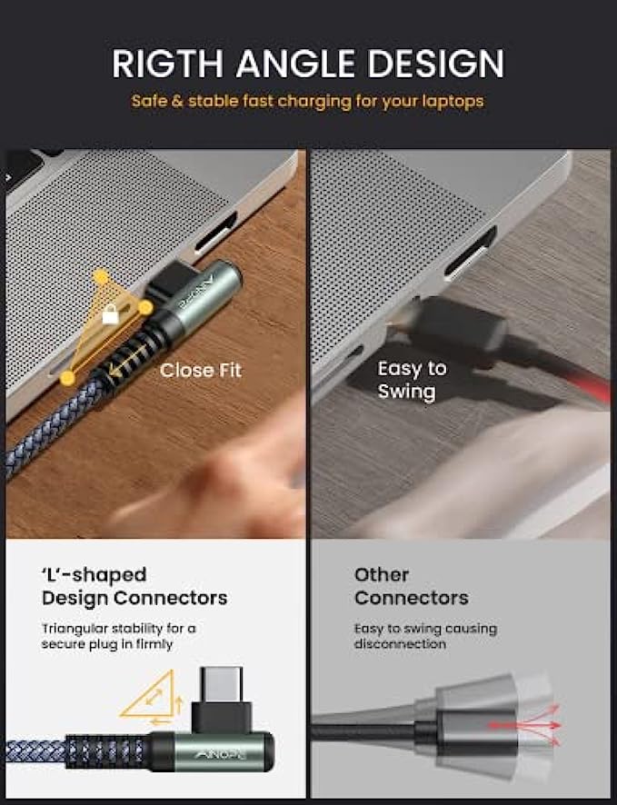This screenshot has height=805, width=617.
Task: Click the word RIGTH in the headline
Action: (168, 64)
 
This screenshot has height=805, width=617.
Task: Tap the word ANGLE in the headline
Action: (295, 64)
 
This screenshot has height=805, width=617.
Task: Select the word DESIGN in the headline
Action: (436, 64)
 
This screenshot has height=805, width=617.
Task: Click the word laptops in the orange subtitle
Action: (453, 101)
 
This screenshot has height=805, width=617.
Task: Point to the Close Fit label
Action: (201, 370)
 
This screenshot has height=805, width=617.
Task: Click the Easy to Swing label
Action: (412, 380)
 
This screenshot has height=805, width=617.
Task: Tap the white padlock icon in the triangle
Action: (110, 314)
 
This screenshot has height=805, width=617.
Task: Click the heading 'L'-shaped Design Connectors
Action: (134, 586)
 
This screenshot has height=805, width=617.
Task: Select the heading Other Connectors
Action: (411, 586)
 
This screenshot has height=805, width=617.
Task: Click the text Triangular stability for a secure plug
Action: (118, 636)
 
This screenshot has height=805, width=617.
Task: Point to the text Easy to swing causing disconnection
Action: (425, 636)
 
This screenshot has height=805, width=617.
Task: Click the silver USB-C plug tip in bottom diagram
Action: (221, 684)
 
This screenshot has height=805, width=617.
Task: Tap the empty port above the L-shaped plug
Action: (215, 234)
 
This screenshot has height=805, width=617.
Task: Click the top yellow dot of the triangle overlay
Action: (101, 278)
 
